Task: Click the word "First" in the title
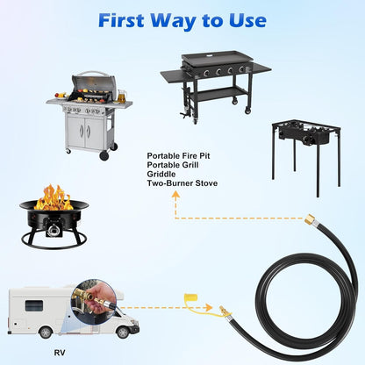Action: pyautogui.click(x=121, y=20)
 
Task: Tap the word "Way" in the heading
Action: pyautogui.click(x=174, y=21)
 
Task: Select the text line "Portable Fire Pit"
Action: pyautogui.click(x=178, y=155)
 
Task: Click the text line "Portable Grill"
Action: pyautogui.click(x=173, y=165)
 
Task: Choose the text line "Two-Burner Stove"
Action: pyautogui.click(x=182, y=183)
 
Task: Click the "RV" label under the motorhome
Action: pyautogui.click(x=60, y=353)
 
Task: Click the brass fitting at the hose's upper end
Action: pyautogui.click(x=310, y=219)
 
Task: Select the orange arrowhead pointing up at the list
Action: pyautogui.click(x=175, y=196)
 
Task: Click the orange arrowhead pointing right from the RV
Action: pyautogui.click(x=209, y=307)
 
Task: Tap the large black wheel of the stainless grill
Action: pyautogui.click(x=104, y=155)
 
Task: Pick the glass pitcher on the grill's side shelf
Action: pyautogui.click(x=122, y=96)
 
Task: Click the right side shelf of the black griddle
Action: pyautogui.click(x=261, y=68)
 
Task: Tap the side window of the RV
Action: pyautogui.click(x=34, y=306)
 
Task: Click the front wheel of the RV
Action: pyautogui.click(x=123, y=333)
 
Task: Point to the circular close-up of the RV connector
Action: pyautogui.click(x=94, y=301)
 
